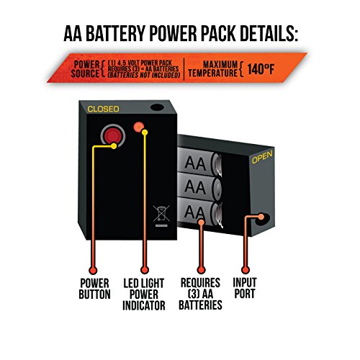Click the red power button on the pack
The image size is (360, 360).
point(113,135)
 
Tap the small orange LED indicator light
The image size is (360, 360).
point(138,127)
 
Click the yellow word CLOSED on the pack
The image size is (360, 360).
point(103,109)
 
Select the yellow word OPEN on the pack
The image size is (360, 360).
point(262,157)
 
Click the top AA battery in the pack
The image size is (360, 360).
point(199,162)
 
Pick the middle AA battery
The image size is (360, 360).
point(199,186)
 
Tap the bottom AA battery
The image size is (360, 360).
point(199,212)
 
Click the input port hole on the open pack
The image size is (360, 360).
point(263,219)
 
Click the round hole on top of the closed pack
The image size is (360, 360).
point(157,107)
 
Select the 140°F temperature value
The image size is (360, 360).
point(261,69)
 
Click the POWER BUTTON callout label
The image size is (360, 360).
point(94,289)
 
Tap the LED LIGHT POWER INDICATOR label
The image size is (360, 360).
point(144,294)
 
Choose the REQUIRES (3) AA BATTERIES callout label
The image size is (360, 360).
point(200,294)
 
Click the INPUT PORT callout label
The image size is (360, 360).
point(245,288)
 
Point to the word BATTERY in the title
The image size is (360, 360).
point(116,33)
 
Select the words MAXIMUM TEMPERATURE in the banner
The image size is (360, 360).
point(213,69)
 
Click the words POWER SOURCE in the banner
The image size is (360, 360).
point(86,69)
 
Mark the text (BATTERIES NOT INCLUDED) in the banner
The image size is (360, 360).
point(144,75)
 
